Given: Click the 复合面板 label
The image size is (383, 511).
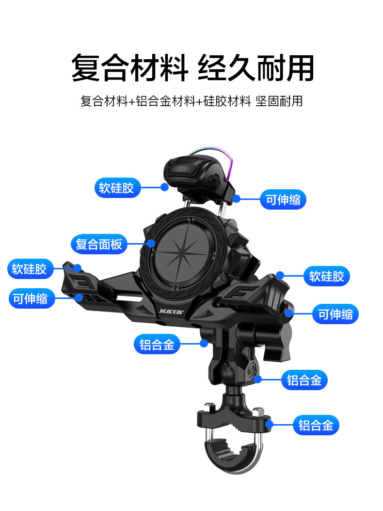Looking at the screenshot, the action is [99, 244].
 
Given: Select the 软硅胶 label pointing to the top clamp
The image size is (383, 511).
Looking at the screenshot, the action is [116, 188].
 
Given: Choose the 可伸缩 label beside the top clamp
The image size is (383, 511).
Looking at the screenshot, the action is [283, 199].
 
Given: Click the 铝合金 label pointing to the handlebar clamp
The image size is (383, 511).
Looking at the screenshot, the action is [316, 426].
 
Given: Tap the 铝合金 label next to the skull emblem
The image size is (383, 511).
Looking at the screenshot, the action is [304, 380].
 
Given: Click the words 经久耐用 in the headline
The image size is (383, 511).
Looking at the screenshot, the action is [255, 67].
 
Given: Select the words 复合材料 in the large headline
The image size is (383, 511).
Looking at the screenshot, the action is [129, 67].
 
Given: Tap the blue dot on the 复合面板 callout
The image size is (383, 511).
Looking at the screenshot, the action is [151, 244].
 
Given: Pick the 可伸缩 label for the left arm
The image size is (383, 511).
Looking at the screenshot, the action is [31, 298].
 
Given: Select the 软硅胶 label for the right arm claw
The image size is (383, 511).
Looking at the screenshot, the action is [327, 276].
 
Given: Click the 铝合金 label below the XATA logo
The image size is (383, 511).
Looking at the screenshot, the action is [157, 345].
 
